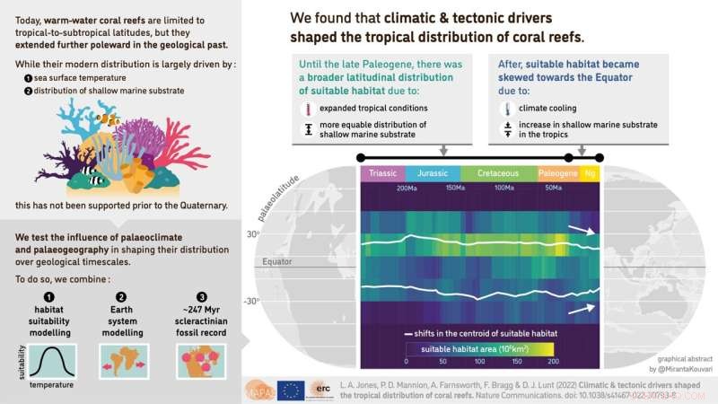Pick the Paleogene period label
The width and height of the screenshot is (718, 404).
556,174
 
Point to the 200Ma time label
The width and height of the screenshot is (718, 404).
407,189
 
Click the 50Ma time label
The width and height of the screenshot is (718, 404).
554,189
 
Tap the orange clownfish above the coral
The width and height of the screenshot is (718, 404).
108,118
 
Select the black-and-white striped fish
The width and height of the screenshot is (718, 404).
93,180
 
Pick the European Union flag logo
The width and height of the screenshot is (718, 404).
290,389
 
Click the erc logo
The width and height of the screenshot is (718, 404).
322,389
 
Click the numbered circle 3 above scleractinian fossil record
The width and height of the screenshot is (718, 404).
201,297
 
